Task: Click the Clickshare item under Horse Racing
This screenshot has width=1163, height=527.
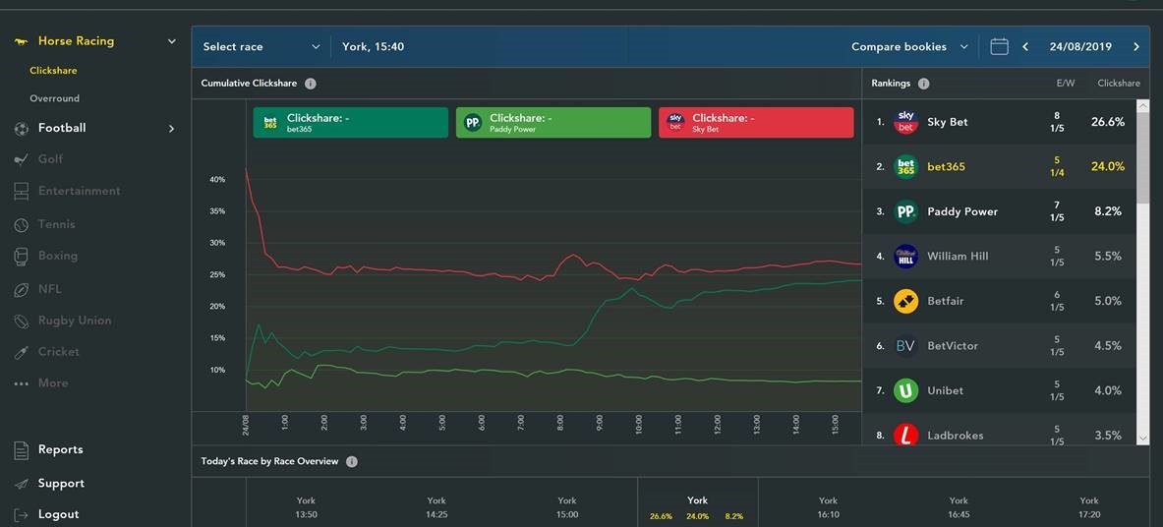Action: (53, 71)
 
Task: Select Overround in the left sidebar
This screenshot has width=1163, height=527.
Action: (54, 98)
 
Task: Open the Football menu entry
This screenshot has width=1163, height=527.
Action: (62, 128)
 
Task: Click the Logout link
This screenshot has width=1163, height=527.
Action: (58, 514)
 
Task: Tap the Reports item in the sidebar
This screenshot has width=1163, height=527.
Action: (60, 449)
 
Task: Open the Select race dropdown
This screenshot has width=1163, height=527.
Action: (261, 46)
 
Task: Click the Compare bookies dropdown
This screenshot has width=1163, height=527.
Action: (908, 46)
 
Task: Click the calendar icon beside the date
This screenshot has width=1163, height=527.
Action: (999, 46)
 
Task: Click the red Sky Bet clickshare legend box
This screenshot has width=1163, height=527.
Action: (755, 122)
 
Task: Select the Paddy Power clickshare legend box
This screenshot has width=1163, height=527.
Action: (552, 122)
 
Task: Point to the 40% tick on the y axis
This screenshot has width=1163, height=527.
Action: (217, 180)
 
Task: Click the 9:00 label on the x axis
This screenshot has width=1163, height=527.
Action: (600, 423)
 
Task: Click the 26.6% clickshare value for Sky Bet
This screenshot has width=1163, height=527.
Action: (1107, 122)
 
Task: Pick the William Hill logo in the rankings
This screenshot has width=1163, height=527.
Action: (905, 257)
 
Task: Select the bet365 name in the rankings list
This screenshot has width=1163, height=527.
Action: (946, 167)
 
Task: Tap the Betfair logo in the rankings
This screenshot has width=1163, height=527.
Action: (905, 301)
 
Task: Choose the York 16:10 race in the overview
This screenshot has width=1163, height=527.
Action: (828, 507)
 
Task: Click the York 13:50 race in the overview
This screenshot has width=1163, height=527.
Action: (306, 507)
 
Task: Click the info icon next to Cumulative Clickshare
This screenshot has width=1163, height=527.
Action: (311, 84)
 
